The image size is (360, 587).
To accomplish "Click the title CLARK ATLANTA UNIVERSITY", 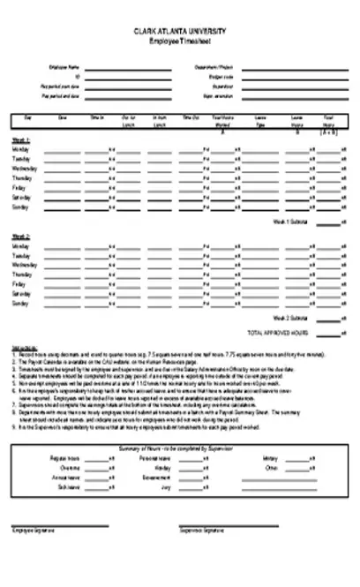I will pyautogui.click(x=179, y=30).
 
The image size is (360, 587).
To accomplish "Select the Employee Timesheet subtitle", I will pyautogui.click(x=179, y=41).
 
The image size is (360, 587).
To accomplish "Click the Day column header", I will pyautogui.click(x=29, y=119).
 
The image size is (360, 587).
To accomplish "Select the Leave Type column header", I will pyautogui.click(x=261, y=121).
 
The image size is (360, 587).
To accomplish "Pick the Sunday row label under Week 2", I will pyautogui.click(x=20, y=303).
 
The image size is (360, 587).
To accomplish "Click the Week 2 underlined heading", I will pyautogui.click(x=20, y=237).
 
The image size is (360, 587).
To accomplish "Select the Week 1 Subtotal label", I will pyautogui.click(x=290, y=222).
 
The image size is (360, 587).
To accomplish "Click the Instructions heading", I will pyautogui.click(x=24, y=347).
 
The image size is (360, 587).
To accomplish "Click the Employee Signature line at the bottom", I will pyautogui.click(x=59, y=526).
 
